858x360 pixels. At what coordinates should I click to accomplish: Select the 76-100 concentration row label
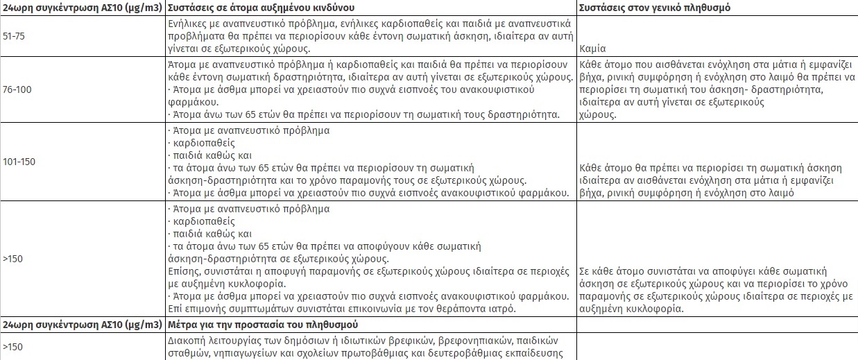pos(16,89)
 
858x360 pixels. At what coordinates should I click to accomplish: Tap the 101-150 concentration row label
pos(19,162)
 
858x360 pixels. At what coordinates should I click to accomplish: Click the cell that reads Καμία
pos(592,50)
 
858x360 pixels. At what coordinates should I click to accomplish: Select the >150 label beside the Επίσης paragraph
pos(13,259)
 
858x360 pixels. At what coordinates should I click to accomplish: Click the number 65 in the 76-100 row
pos(241,114)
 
